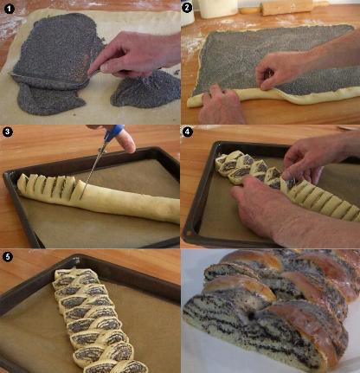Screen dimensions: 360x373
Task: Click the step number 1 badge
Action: pyautogui.click(x=9, y=9)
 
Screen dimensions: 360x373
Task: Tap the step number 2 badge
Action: pyautogui.click(x=187, y=8)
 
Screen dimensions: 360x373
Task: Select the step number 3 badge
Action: pyautogui.click(x=7, y=132)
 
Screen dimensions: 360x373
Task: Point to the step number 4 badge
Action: pyautogui.click(x=188, y=132)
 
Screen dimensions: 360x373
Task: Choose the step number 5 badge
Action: pyautogui.click(x=7, y=256)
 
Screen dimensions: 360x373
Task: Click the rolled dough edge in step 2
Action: pyautogui.click(x=260, y=97)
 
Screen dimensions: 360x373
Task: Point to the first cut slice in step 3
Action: pyautogui.click(x=22, y=183)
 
